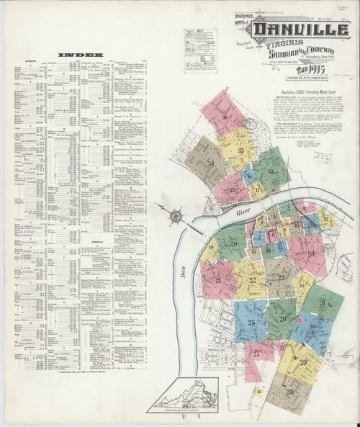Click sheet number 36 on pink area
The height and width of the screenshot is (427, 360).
[225, 117]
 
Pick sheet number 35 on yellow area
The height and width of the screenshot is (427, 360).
[240, 150]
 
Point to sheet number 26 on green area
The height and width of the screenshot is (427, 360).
[283, 318]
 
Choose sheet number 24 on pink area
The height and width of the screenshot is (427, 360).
[312, 253]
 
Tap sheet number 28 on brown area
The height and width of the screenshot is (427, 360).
[289, 391]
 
